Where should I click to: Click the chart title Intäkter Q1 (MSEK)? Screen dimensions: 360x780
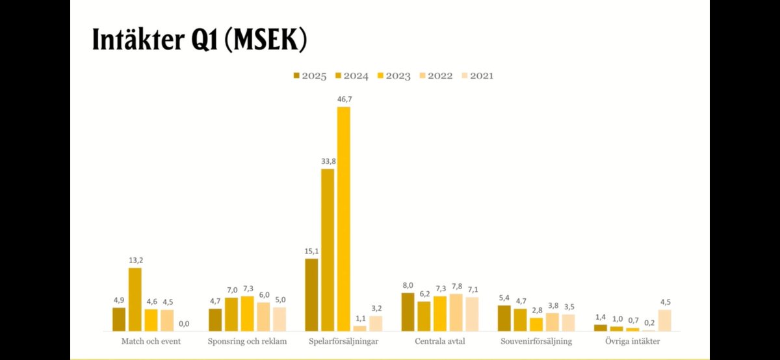pyautogui.click(x=199, y=40)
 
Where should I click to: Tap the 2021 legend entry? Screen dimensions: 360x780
pyautogui.click(x=476, y=76)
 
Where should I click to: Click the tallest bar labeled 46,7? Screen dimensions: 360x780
pyautogui.click(x=343, y=218)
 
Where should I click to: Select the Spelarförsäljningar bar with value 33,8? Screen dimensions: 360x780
pyautogui.click(x=328, y=250)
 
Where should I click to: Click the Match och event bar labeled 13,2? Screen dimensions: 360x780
pyautogui.click(x=135, y=299)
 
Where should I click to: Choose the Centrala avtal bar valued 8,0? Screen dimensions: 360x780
pyautogui.click(x=408, y=311)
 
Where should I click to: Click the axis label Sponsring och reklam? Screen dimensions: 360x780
pyautogui.click(x=247, y=341)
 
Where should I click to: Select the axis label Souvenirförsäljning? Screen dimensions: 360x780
pyautogui.click(x=536, y=341)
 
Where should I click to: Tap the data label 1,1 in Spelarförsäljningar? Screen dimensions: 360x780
pyautogui.click(x=359, y=318)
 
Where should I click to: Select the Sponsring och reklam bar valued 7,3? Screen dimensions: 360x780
pyautogui.click(x=247, y=313)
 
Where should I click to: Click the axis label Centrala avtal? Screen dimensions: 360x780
pyautogui.click(x=439, y=341)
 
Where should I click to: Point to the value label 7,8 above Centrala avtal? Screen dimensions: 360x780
pyautogui.click(x=456, y=287)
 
